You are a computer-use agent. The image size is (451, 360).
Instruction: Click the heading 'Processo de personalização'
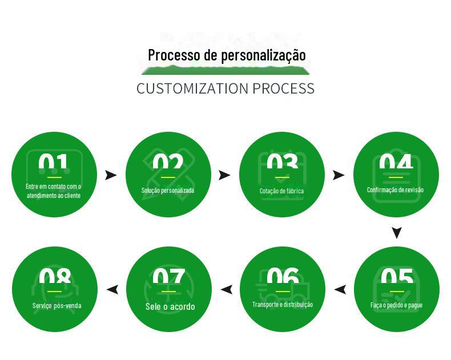[x=227, y=55]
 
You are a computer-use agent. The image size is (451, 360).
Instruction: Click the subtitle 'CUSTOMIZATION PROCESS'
[x=226, y=88]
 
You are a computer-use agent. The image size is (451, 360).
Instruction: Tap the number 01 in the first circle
[x=54, y=164]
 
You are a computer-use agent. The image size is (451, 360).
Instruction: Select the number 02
[x=168, y=164]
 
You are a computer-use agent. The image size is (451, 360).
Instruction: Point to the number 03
[x=282, y=164]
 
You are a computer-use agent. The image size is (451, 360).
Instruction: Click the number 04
[x=396, y=164]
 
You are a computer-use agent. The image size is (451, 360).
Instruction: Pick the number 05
[x=397, y=278]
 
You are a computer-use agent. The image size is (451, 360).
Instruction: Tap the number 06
[x=283, y=278]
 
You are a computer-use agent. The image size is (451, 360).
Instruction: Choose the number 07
[x=168, y=278]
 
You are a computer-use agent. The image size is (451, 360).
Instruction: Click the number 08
[x=55, y=278]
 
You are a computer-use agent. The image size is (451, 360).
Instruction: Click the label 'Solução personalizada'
[x=168, y=191]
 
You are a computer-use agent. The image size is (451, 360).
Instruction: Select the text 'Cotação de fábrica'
[x=282, y=191]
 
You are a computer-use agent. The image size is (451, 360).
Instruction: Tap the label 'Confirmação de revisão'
[x=396, y=190]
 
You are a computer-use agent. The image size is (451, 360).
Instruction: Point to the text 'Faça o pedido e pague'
[x=397, y=305]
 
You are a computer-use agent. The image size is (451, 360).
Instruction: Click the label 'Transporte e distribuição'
[x=283, y=305]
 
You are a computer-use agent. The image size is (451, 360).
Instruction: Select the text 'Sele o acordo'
[x=170, y=306]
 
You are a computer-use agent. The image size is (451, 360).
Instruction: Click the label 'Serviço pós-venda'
[x=57, y=306]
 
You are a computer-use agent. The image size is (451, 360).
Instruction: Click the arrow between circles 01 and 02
[x=111, y=175]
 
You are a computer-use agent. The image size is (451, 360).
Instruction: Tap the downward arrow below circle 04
[x=397, y=232]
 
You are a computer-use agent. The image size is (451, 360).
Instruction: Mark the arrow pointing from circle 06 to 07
[x=227, y=290]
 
